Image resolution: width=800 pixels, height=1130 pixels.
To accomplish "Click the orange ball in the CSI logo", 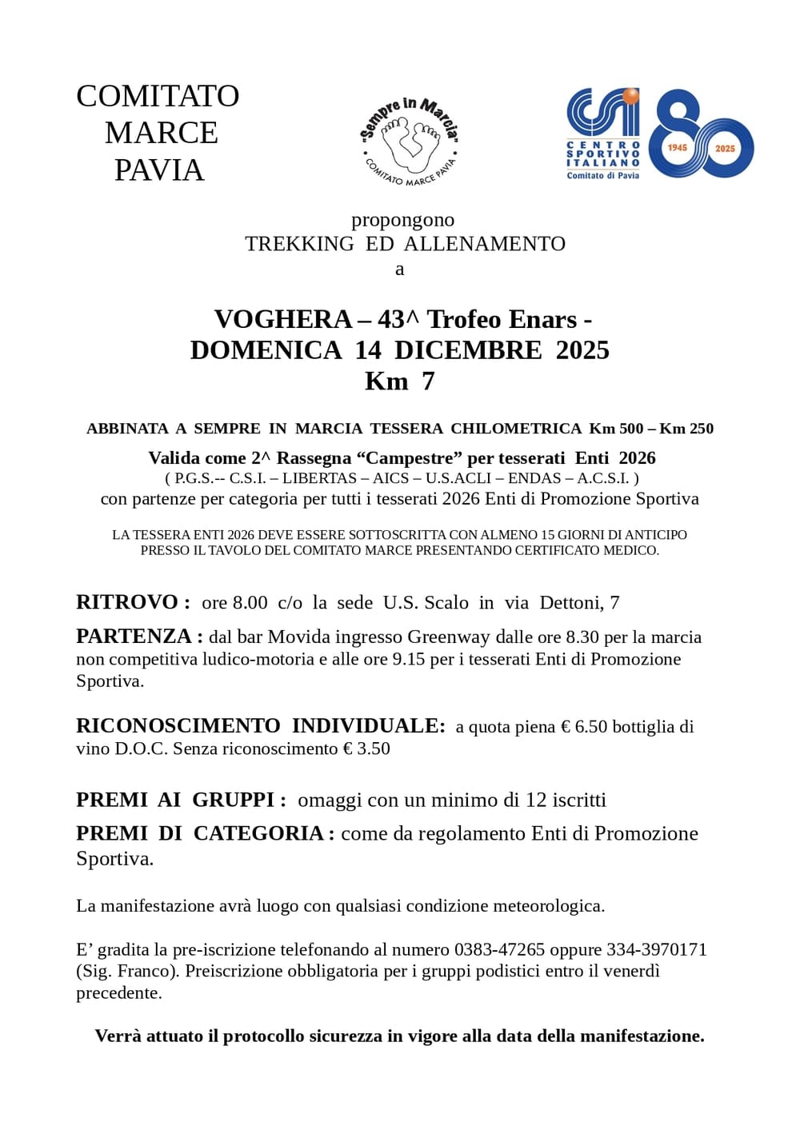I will coord(631,98).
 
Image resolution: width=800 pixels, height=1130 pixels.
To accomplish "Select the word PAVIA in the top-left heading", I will coord(159,170).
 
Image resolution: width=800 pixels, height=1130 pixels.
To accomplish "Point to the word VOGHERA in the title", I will coord(282,320).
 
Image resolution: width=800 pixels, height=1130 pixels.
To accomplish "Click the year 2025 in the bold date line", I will coord(582,350).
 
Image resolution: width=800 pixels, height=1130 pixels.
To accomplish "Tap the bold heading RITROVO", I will coord(127,602).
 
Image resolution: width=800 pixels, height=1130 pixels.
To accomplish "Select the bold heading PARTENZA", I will coord(134,637).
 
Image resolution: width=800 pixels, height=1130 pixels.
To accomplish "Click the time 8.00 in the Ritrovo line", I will coord(250,603).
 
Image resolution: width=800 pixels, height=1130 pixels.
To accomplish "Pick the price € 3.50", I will coord(366,749).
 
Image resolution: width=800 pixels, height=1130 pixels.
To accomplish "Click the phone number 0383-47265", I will coord(499,950).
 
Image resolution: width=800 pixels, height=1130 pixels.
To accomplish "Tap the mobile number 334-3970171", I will coord(657,950).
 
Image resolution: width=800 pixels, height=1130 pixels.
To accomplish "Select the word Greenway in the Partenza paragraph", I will coord(449,637).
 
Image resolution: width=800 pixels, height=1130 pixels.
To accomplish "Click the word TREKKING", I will coord(299,244).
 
